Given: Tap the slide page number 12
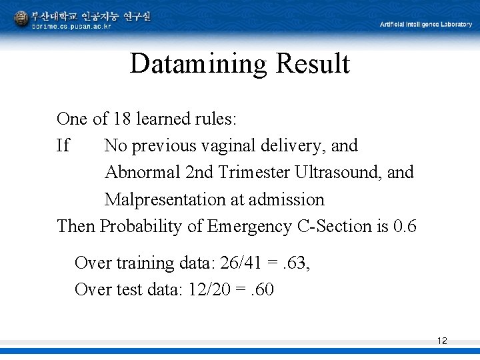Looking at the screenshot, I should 442,341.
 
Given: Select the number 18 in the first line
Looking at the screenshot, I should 121,119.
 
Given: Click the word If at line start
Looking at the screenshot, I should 63,146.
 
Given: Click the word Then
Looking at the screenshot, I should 76,227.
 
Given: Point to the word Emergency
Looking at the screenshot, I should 249,227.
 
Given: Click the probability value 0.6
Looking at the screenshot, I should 405,227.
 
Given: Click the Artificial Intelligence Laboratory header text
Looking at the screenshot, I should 425,25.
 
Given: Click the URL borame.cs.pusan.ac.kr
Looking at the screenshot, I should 71,26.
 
